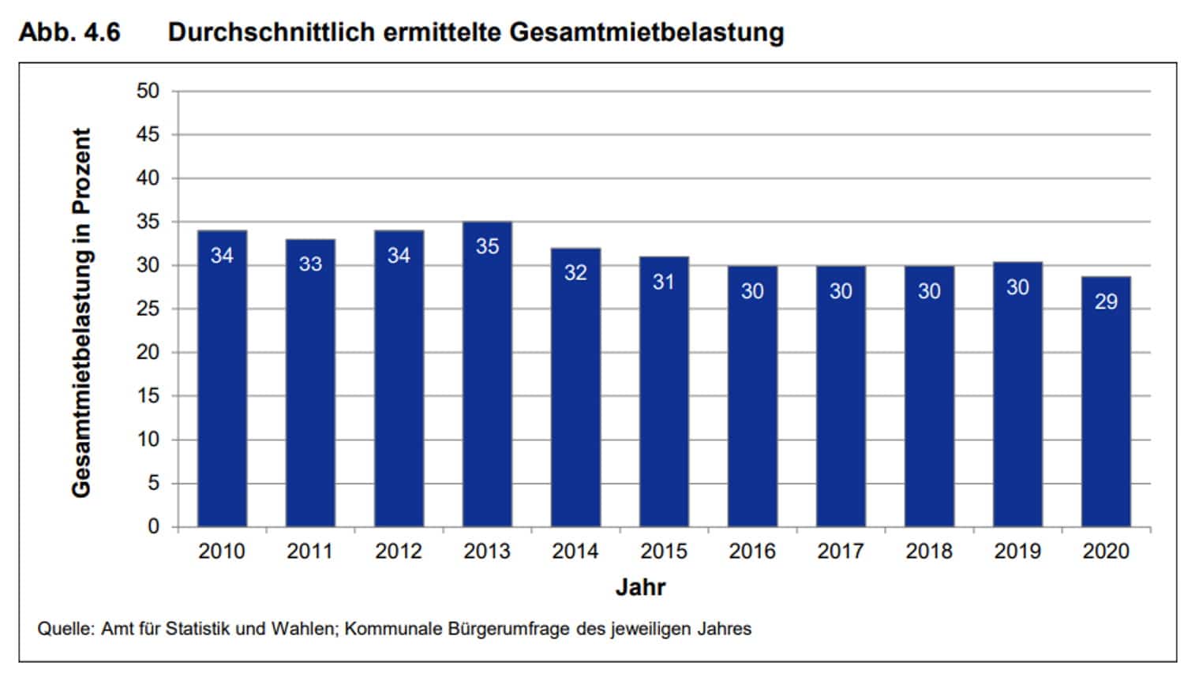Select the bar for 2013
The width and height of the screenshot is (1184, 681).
click(x=487, y=375)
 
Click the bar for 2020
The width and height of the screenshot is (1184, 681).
click(x=1106, y=402)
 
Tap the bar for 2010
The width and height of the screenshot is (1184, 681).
click(x=222, y=379)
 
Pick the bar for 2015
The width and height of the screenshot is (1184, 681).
click(x=664, y=392)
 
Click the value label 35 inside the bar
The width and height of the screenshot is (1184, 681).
click(x=487, y=246)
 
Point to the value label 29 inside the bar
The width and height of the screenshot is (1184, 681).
click(x=1106, y=301)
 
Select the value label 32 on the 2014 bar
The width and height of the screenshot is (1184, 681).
click(x=575, y=273)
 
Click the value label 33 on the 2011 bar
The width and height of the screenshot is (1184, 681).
click(x=310, y=264)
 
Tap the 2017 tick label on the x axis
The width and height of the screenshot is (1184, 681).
click(x=841, y=551)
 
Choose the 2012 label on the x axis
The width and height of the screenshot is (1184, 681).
click(x=399, y=551)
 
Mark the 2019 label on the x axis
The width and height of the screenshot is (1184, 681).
click(x=1017, y=551)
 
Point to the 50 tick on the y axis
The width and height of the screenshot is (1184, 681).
click(x=148, y=91)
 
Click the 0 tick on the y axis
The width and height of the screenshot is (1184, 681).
click(x=153, y=526)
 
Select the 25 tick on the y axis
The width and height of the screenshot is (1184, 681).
click(x=148, y=309)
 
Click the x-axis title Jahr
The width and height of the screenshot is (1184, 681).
click(x=640, y=587)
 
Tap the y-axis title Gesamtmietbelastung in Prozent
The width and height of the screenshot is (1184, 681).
click(x=81, y=312)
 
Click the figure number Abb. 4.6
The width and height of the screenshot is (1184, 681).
click(x=69, y=32)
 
